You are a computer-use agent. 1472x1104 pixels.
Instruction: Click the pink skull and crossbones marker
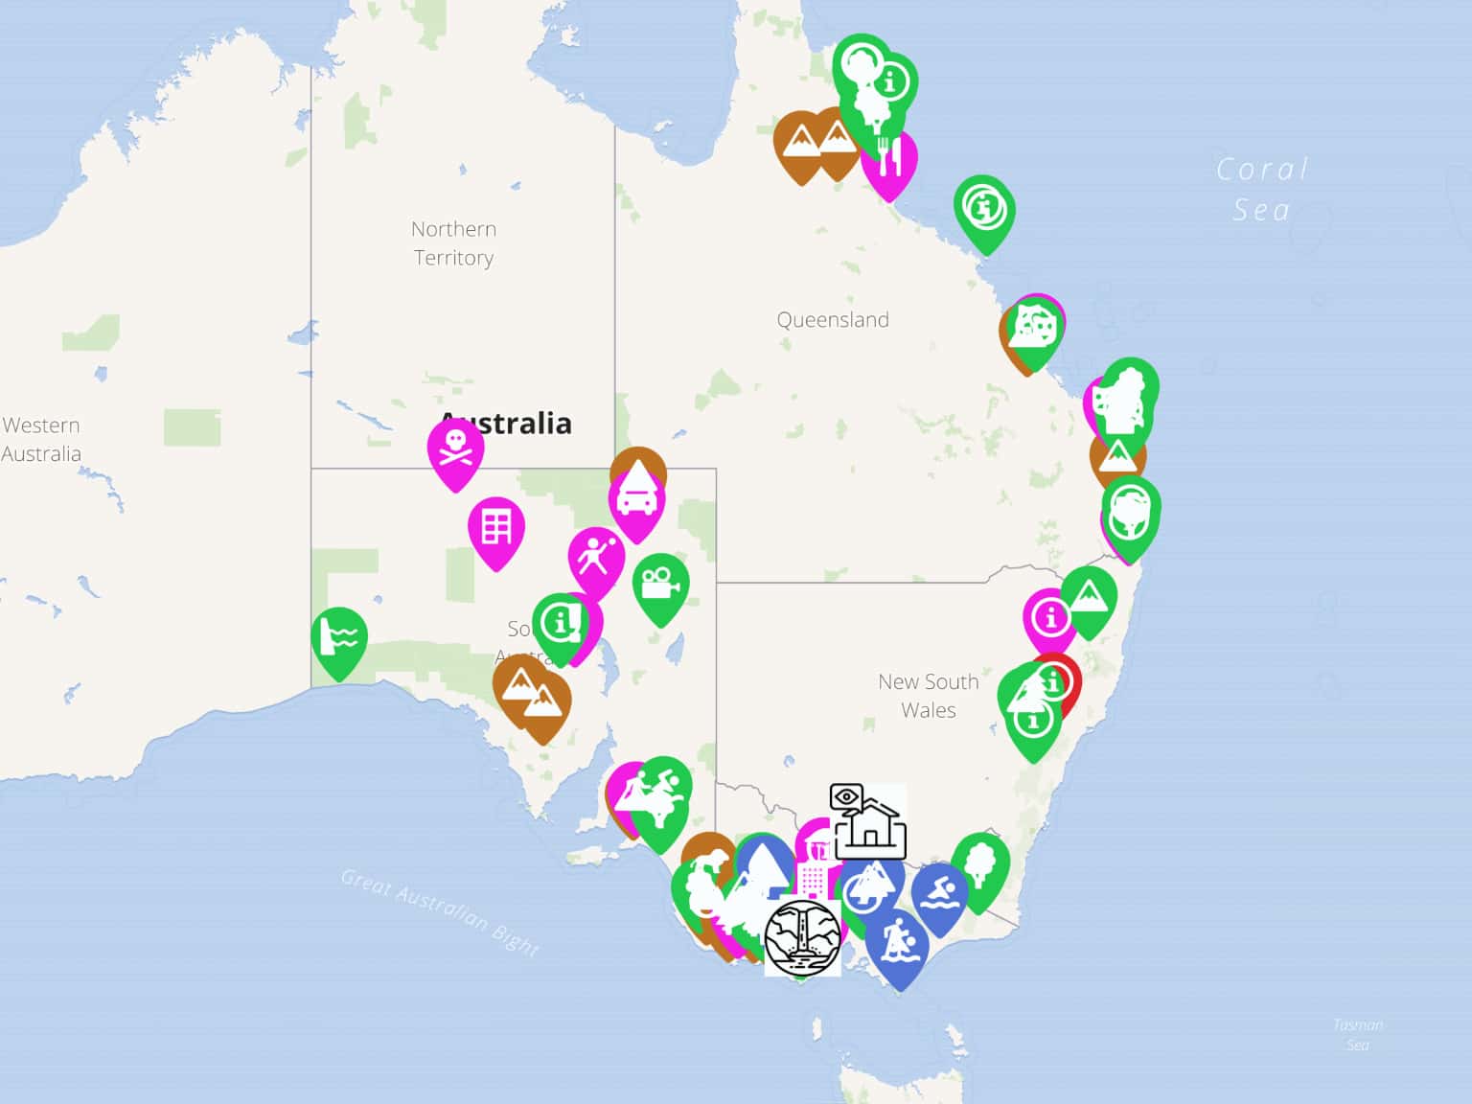455,449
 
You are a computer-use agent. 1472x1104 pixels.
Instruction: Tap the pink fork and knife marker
890,159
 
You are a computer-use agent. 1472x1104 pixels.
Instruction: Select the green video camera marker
660,584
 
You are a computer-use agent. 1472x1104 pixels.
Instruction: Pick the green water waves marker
339,637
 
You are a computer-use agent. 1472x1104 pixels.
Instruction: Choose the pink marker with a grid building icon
496,527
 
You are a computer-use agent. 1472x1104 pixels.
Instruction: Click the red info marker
1055,682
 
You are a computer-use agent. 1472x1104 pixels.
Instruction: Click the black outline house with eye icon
867,821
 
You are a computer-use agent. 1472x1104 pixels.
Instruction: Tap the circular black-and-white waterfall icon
803,937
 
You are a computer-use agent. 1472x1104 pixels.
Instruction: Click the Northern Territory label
453,243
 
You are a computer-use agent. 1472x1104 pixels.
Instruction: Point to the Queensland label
833,320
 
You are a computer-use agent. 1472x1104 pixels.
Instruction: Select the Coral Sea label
1261,190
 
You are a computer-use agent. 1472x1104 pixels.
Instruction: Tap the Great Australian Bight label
440,911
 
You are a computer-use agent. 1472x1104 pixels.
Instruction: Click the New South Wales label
928,696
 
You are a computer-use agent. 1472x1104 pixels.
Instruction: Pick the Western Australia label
41,439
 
